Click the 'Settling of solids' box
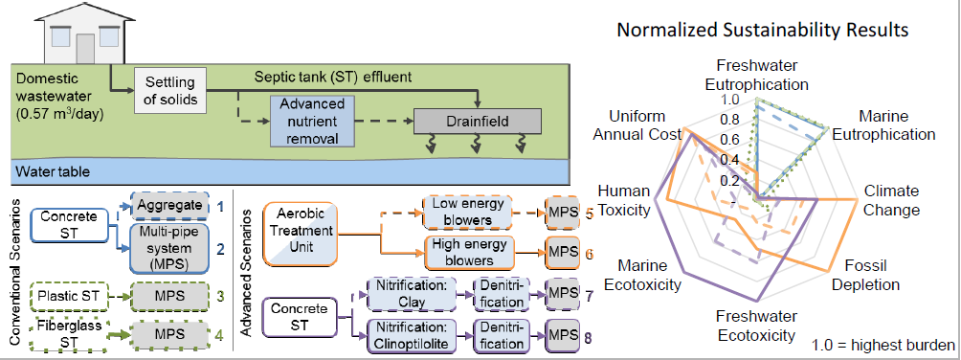[170, 91]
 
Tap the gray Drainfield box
[477, 122]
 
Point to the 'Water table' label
[54, 171]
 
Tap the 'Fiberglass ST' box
[67, 334]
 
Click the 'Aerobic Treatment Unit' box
[300, 235]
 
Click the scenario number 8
[589, 336]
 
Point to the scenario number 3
[220, 297]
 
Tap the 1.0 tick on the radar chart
[732, 100]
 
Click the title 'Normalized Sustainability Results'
[762, 30]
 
